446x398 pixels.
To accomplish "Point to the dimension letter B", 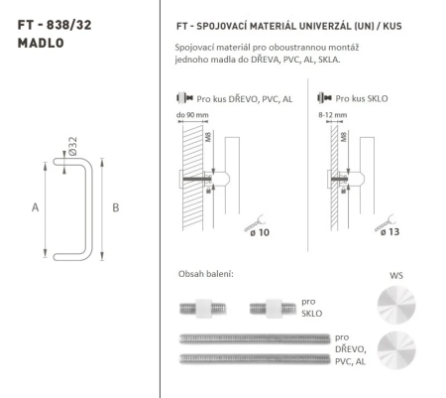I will click(x=115, y=207).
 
